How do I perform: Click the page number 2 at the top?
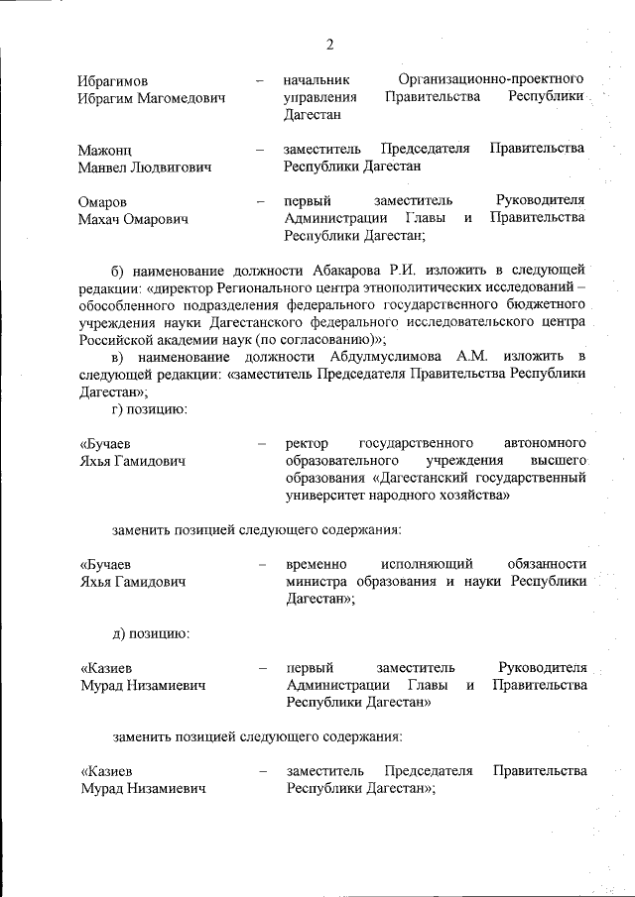click(x=328, y=44)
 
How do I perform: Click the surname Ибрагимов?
click(x=117, y=79)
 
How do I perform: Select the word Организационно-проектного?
click(x=490, y=77)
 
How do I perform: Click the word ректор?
click(x=306, y=443)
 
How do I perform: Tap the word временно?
click(x=320, y=565)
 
